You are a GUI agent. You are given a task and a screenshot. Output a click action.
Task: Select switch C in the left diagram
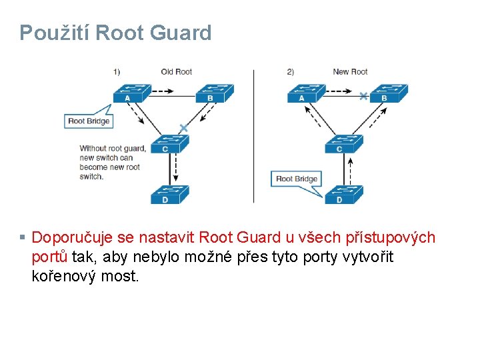coord(169,144)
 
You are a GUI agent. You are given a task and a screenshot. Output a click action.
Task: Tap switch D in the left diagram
coord(169,194)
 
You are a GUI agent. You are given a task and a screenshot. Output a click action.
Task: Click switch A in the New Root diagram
coord(305,93)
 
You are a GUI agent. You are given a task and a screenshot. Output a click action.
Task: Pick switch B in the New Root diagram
coord(388,93)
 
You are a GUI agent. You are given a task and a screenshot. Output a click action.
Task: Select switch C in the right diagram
coord(343,144)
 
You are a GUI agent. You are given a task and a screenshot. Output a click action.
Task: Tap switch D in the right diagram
coord(343,194)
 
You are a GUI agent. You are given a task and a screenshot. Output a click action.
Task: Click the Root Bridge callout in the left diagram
coord(89,121)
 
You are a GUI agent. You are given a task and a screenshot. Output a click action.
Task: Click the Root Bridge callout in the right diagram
coord(297,179)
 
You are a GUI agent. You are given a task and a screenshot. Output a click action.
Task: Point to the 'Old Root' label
coord(177,71)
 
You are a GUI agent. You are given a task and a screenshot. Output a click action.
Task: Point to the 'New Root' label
coord(350,71)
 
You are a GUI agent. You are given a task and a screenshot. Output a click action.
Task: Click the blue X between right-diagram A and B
coord(363,96)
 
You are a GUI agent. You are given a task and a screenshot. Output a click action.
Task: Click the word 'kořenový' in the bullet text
coord(63,275)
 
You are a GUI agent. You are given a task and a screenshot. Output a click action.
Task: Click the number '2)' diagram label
coord(291,71)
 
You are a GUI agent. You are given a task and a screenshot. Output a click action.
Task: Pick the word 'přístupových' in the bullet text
coord(393,238)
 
